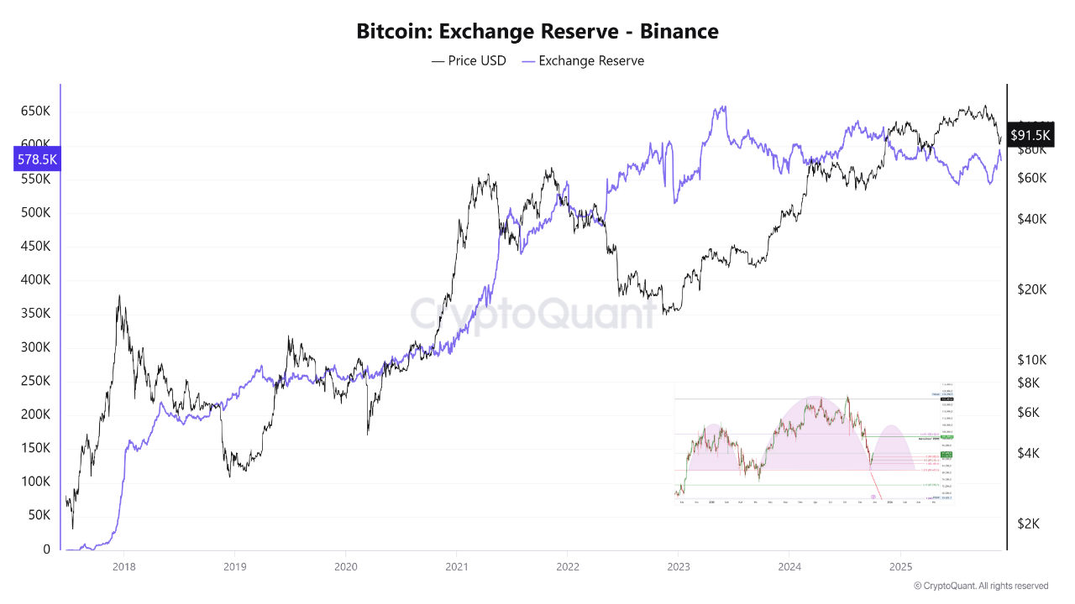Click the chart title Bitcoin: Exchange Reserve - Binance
(x=537, y=32)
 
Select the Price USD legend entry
(x=469, y=60)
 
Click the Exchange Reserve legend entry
(x=583, y=60)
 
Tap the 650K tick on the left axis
(x=34, y=111)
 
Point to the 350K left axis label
(x=34, y=314)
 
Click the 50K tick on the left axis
(x=39, y=516)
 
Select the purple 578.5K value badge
(x=37, y=159)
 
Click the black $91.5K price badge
(x=1030, y=135)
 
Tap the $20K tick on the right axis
(x=1030, y=289)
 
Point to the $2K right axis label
(x=1030, y=523)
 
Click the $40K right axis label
(x=1030, y=219)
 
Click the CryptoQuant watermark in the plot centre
(x=532, y=313)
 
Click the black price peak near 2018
(x=119, y=296)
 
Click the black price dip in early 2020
(x=368, y=433)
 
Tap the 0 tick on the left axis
(x=47, y=549)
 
